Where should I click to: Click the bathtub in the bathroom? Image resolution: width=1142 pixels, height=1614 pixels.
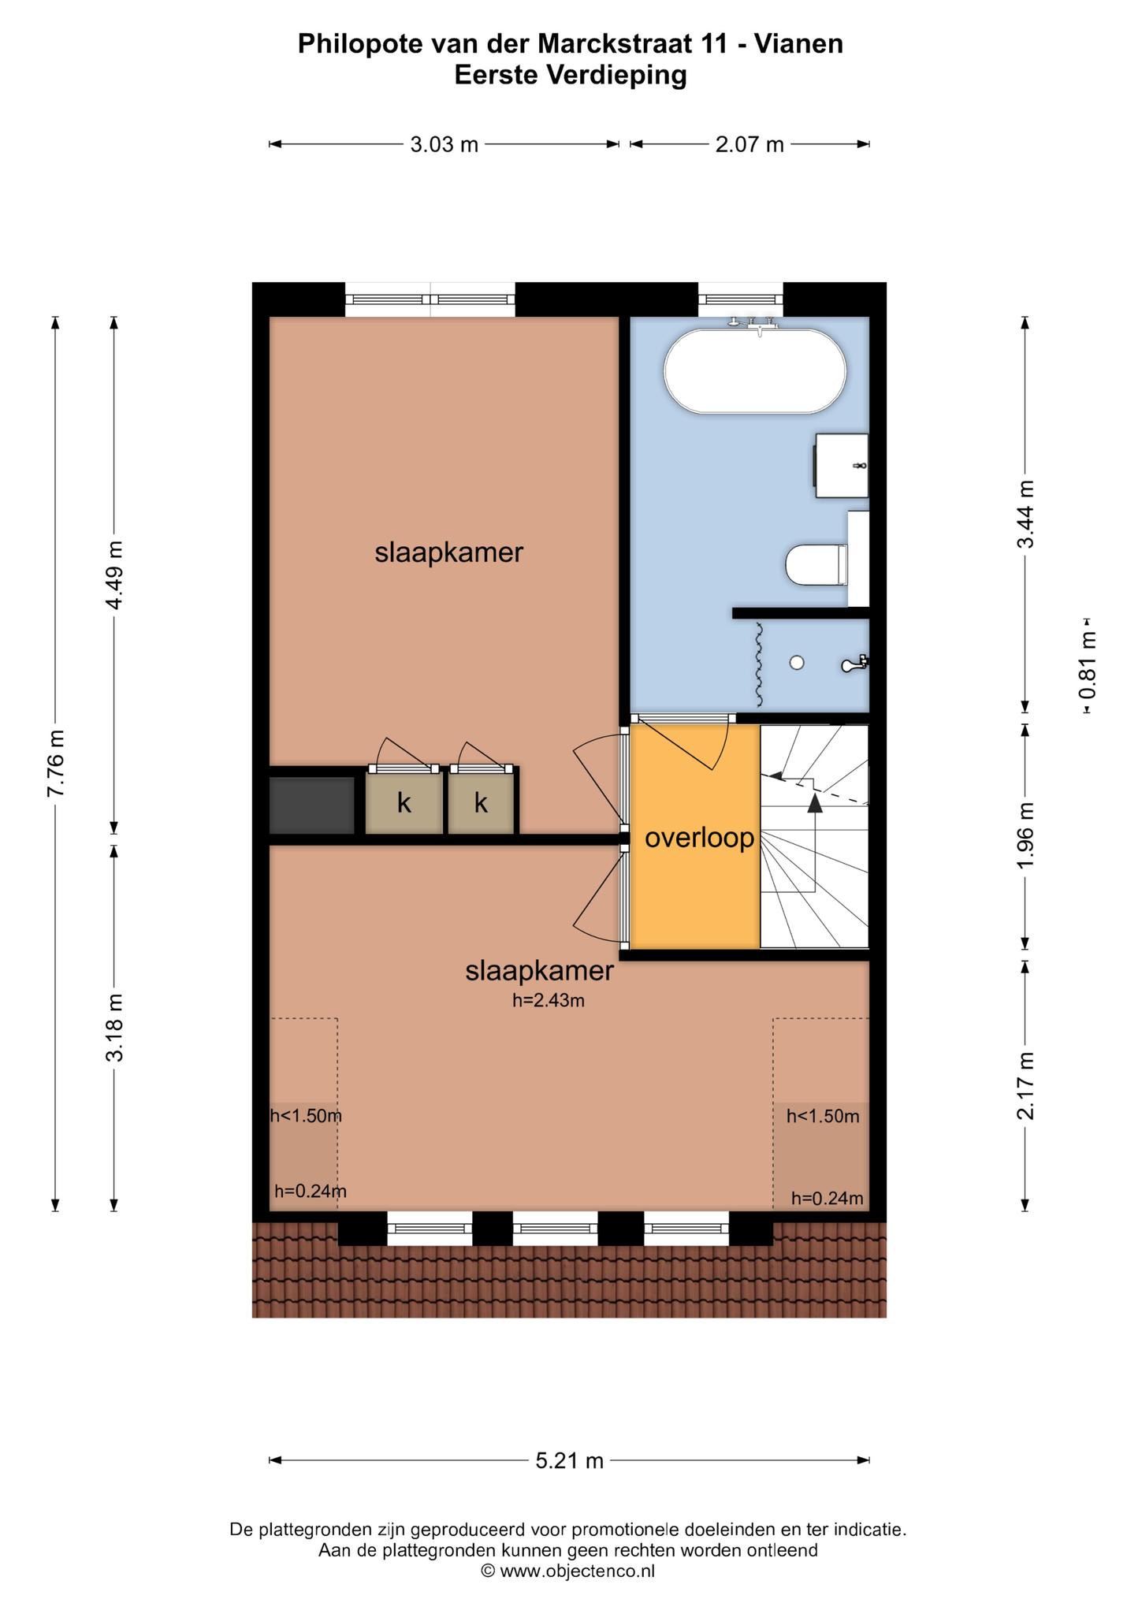(755, 370)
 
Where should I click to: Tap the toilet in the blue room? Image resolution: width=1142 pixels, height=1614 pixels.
(817, 564)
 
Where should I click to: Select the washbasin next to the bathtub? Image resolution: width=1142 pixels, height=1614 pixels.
(842, 465)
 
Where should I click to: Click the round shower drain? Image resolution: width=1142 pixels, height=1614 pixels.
(797, 663)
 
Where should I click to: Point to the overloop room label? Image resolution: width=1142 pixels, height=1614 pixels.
(700, 839)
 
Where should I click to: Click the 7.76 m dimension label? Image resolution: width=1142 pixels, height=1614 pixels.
(55, 763)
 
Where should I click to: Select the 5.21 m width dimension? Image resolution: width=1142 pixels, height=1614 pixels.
(569, 1461)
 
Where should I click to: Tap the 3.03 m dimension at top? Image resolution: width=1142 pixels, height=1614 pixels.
(444, 144)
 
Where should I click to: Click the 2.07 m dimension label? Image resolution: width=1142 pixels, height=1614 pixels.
(750, 144)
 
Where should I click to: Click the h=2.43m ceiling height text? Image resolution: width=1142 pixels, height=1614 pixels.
(549, 1001)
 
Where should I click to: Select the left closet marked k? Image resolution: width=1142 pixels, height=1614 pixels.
(404, 803)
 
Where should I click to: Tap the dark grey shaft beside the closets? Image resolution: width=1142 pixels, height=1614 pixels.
(312, 805)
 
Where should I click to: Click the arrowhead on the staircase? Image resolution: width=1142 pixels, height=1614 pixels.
(815, 803)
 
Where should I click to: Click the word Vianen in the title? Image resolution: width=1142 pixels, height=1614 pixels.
(799, 44)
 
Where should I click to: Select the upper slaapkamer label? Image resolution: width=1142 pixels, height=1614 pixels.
(448, 552)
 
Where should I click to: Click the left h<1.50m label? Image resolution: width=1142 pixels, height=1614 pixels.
(306, 1115)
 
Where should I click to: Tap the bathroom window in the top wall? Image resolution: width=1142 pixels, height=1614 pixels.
(741, 299)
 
